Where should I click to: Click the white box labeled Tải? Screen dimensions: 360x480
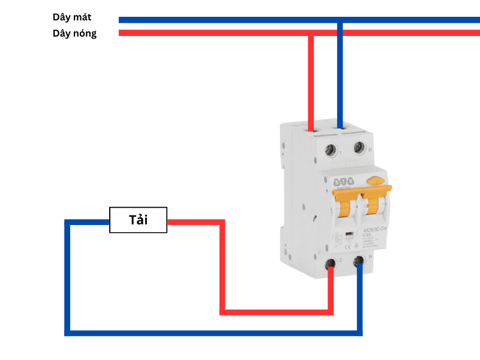[x=138, y=220]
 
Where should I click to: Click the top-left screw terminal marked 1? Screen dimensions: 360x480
[x=329, y=149]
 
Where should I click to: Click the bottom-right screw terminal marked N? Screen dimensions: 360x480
[x=360, y=261]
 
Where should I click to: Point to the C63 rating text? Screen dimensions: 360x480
[x=368, y=236]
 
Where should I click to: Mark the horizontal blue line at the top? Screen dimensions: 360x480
[x=240, y=20]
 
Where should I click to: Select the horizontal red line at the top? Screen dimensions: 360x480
[x=240, y=32]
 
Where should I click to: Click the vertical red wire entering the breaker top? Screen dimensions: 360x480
[x=311, y=78]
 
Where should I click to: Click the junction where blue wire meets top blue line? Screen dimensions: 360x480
[x=340, y=20]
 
